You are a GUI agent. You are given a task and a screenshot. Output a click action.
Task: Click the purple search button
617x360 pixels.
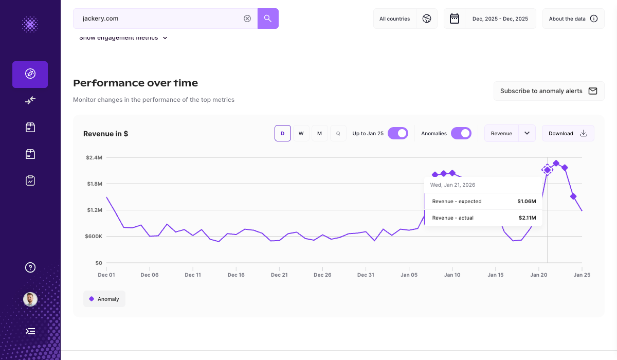[x=268, y=19]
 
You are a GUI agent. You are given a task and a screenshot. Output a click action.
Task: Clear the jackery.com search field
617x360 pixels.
[x=247, y=19]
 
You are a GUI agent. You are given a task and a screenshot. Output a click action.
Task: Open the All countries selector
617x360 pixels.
[x=405, y=19]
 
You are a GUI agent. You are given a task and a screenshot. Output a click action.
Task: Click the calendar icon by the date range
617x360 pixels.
[x=455, y=19]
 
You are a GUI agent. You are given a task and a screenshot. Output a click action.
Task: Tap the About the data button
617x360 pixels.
[x=573, y=19]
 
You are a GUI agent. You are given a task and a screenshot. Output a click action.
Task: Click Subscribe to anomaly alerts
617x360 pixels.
[x=548, y=91]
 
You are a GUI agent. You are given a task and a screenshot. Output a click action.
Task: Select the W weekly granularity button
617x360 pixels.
[x=301, y=133]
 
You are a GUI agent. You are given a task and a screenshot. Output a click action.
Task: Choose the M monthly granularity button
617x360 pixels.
[x=319, y=133]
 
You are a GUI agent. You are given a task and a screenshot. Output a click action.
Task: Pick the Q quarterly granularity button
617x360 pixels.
[x=338, y=133]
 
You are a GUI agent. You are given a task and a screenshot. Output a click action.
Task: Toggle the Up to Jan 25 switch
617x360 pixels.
[x=397, y=133]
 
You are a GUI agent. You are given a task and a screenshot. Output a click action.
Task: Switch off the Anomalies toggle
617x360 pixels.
[x=461, y=133]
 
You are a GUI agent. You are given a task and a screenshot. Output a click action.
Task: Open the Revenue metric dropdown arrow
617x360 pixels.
[x=527, y=133]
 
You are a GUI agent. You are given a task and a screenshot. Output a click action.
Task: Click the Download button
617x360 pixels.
[x=568, y=133]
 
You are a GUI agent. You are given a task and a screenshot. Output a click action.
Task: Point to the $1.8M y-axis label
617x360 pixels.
[x=95, y=184]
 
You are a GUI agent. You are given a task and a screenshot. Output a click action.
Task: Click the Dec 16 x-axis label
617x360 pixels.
[x=236, y=275]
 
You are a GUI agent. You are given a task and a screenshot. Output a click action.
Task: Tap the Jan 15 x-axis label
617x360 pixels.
[x=496, y=275]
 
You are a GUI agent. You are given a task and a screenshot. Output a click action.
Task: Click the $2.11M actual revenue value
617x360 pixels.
[x=527, y=218]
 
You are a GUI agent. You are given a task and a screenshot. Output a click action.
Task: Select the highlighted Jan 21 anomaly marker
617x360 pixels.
[x=548, y=170]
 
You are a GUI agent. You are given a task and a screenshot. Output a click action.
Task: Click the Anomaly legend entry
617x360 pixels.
[x=104, y=299]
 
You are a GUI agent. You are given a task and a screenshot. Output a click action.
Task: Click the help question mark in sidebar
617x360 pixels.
[x=30, y=267]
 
